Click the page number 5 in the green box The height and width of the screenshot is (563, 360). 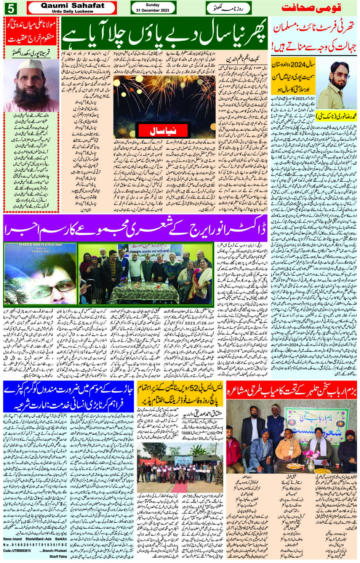[x=10, y=8]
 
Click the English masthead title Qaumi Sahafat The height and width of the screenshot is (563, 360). [x=72, y=5]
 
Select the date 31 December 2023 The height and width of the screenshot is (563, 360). [x=152, y=10]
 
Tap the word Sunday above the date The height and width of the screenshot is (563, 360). [x=152, y=5]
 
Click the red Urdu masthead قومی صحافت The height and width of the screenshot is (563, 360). [x=311, y=8]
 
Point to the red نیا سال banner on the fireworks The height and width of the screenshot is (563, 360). [x=163, y=131]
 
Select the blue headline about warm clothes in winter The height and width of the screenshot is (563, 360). [x=68, y=397]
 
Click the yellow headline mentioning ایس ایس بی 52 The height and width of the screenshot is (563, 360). [x=180, y=393]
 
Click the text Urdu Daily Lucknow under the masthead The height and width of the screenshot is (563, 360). [x=72, y=11]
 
